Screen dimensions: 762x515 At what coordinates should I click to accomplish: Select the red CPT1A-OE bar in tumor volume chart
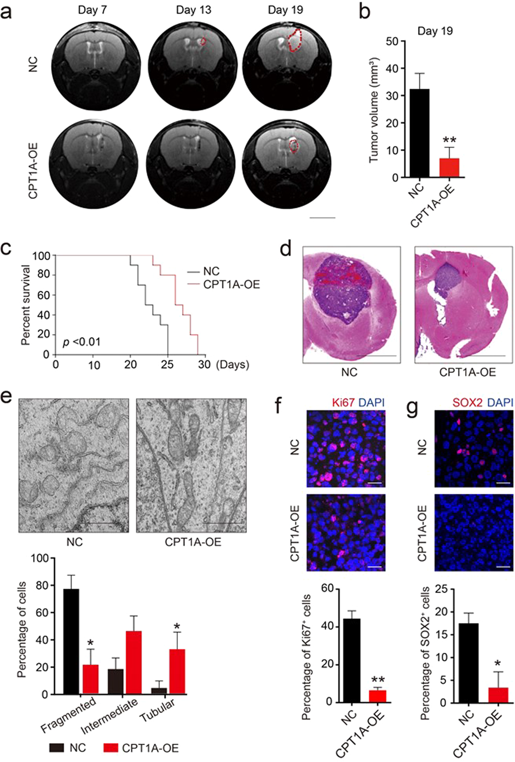(x=449, y=167)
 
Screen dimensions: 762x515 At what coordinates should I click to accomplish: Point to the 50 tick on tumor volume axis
(x=392, y=41)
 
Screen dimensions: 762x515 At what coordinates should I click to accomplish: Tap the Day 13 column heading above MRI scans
(x=193, y=10)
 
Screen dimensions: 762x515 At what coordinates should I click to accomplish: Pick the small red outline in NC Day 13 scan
(x=203, y=41)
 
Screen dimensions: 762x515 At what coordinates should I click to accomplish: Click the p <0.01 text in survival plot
(x=82, y=342)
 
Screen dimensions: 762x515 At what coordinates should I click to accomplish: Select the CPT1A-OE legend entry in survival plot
(x=231, y=285)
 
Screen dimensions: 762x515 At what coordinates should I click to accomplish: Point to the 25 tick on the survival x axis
(x=167, y=365)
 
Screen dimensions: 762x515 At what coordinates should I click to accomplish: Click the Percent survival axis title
(x=26, y=305)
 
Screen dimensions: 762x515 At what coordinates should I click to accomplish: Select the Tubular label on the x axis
(x=158, y=709)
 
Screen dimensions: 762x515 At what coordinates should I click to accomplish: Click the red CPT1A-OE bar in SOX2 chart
(x=498, y=695)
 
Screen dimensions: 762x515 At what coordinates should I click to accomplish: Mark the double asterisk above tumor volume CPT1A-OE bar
(x=449, y=140)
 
